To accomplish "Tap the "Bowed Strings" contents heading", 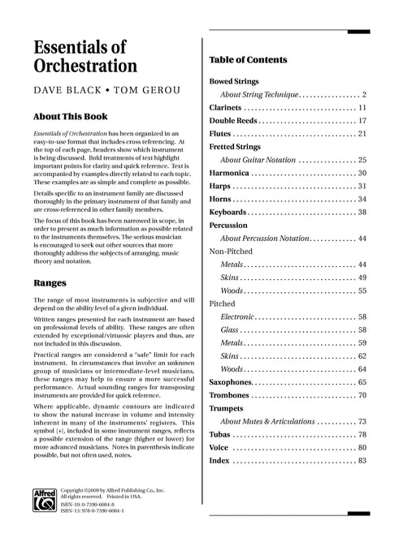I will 234,82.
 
